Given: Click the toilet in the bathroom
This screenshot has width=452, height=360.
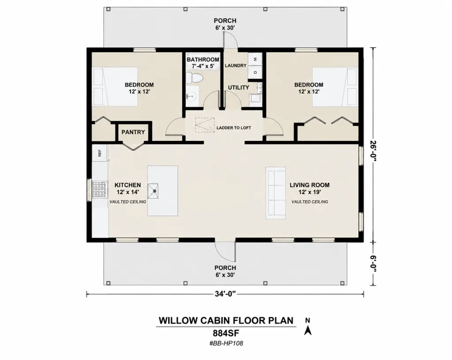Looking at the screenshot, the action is tap(194, 78).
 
